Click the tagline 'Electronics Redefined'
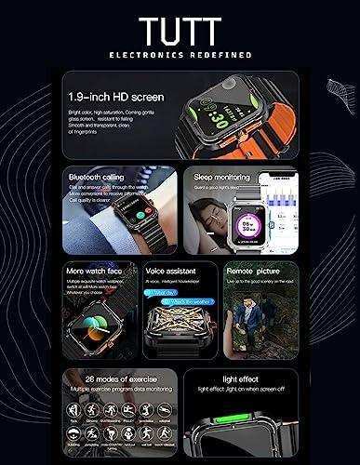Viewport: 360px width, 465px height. pos(180,54)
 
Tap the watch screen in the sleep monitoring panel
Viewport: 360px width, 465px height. pos(226,228)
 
